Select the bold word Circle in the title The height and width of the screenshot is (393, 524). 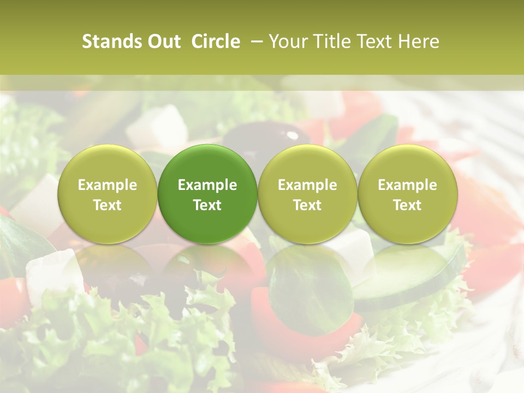click(x=216, y=41)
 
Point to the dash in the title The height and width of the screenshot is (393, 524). click(x=255, y=41)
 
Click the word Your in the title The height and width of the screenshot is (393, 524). click(x=286, y=41)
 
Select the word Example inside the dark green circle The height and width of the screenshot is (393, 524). click(x=207, y=185)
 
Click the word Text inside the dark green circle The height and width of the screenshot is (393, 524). click(x=207, y=205)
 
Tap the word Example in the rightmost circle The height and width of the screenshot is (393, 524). click(x=407, y=185)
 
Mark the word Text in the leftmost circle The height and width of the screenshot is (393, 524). click(x=107, y=205)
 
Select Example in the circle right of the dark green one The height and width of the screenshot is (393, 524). click(x=307, y=185)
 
